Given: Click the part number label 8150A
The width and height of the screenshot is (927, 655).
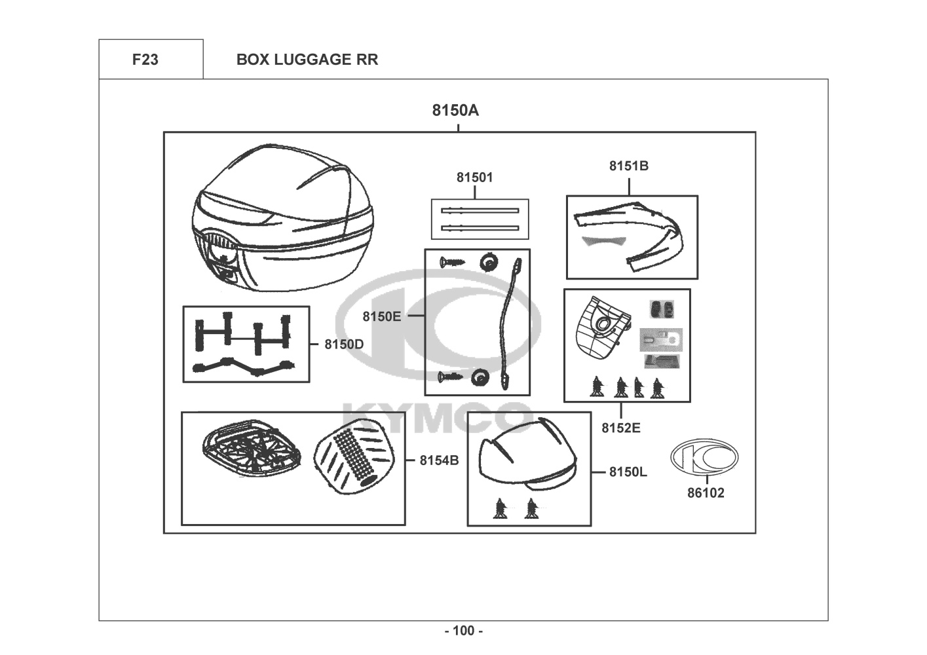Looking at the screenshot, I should [455, 110].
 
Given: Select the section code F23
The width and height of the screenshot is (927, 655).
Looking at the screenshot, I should [145, 60].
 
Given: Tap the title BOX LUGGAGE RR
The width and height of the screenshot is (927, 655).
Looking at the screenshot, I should [307, 60].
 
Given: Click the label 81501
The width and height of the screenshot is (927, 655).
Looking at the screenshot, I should [475, 177].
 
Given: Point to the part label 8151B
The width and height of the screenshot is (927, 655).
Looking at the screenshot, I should [629, 166].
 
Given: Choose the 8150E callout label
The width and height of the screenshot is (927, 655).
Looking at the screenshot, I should [382, 316].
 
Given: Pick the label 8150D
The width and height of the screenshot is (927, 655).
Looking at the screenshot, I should [344, 344].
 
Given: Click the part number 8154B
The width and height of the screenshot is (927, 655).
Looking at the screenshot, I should [439, 460].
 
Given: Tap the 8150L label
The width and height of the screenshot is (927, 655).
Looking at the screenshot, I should [628, 472].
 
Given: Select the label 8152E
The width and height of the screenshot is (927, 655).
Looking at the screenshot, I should [621, 428].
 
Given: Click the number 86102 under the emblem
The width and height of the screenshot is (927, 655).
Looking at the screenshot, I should [706, 493].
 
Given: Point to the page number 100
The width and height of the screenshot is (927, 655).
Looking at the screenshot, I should [464, 631].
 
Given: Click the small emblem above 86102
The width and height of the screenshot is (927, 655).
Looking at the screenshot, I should [704, 457].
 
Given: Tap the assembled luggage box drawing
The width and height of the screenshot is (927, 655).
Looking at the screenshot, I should [282, 219].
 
